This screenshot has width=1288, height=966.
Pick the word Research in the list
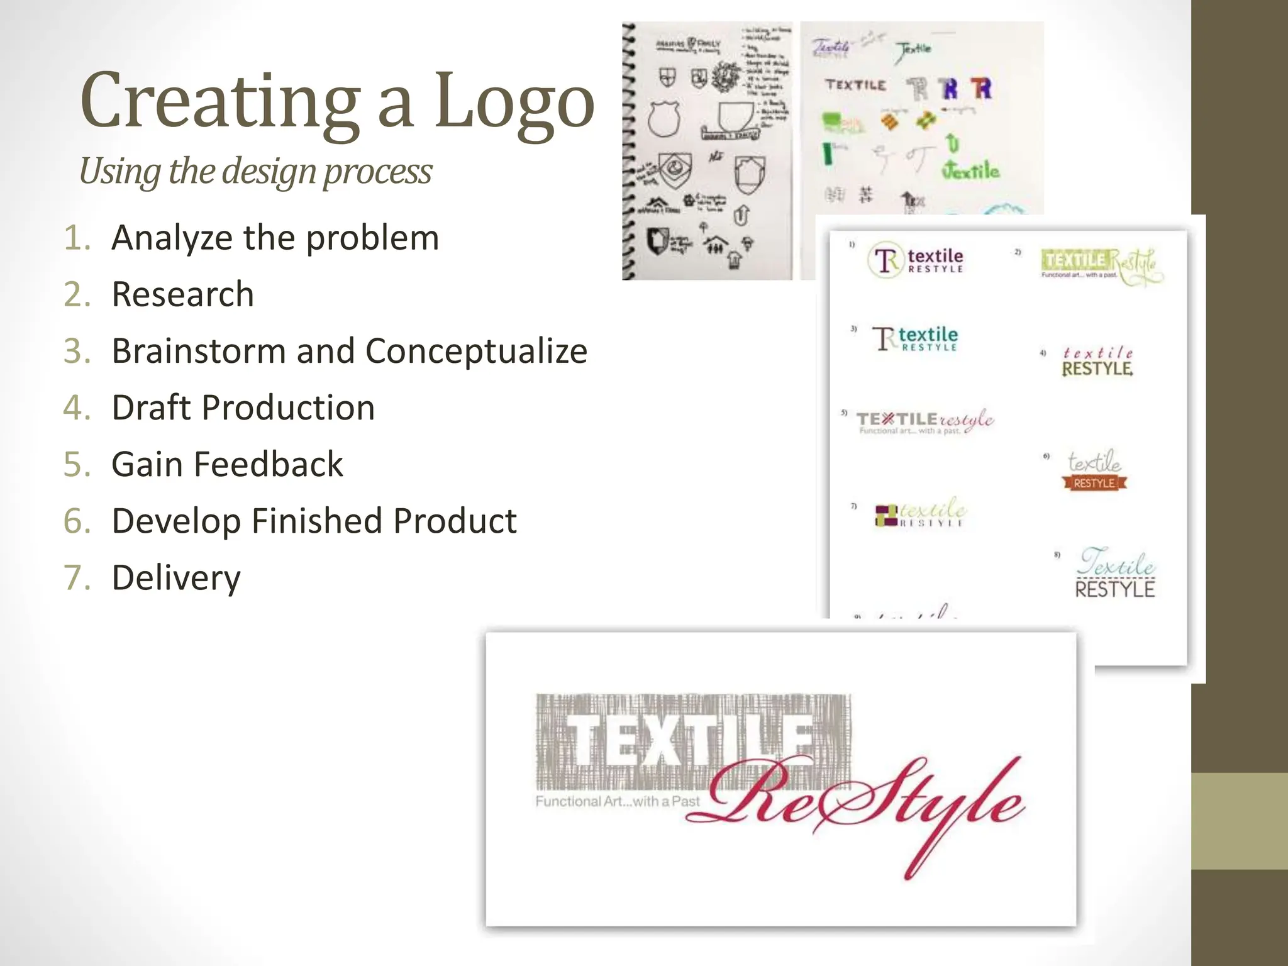[182, 294]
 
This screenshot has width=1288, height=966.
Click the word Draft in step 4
[151, 408]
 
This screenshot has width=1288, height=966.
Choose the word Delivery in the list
[176, 577]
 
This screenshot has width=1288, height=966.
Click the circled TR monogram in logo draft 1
[885, 260]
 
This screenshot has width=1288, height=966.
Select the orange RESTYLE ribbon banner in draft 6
[1094, 483]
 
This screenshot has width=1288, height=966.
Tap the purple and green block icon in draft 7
[886, 514]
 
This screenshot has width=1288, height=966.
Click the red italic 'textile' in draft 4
[1097, 353]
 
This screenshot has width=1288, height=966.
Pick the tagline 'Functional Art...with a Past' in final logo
[617, 801]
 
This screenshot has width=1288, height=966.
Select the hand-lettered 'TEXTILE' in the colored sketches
[855, 85]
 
